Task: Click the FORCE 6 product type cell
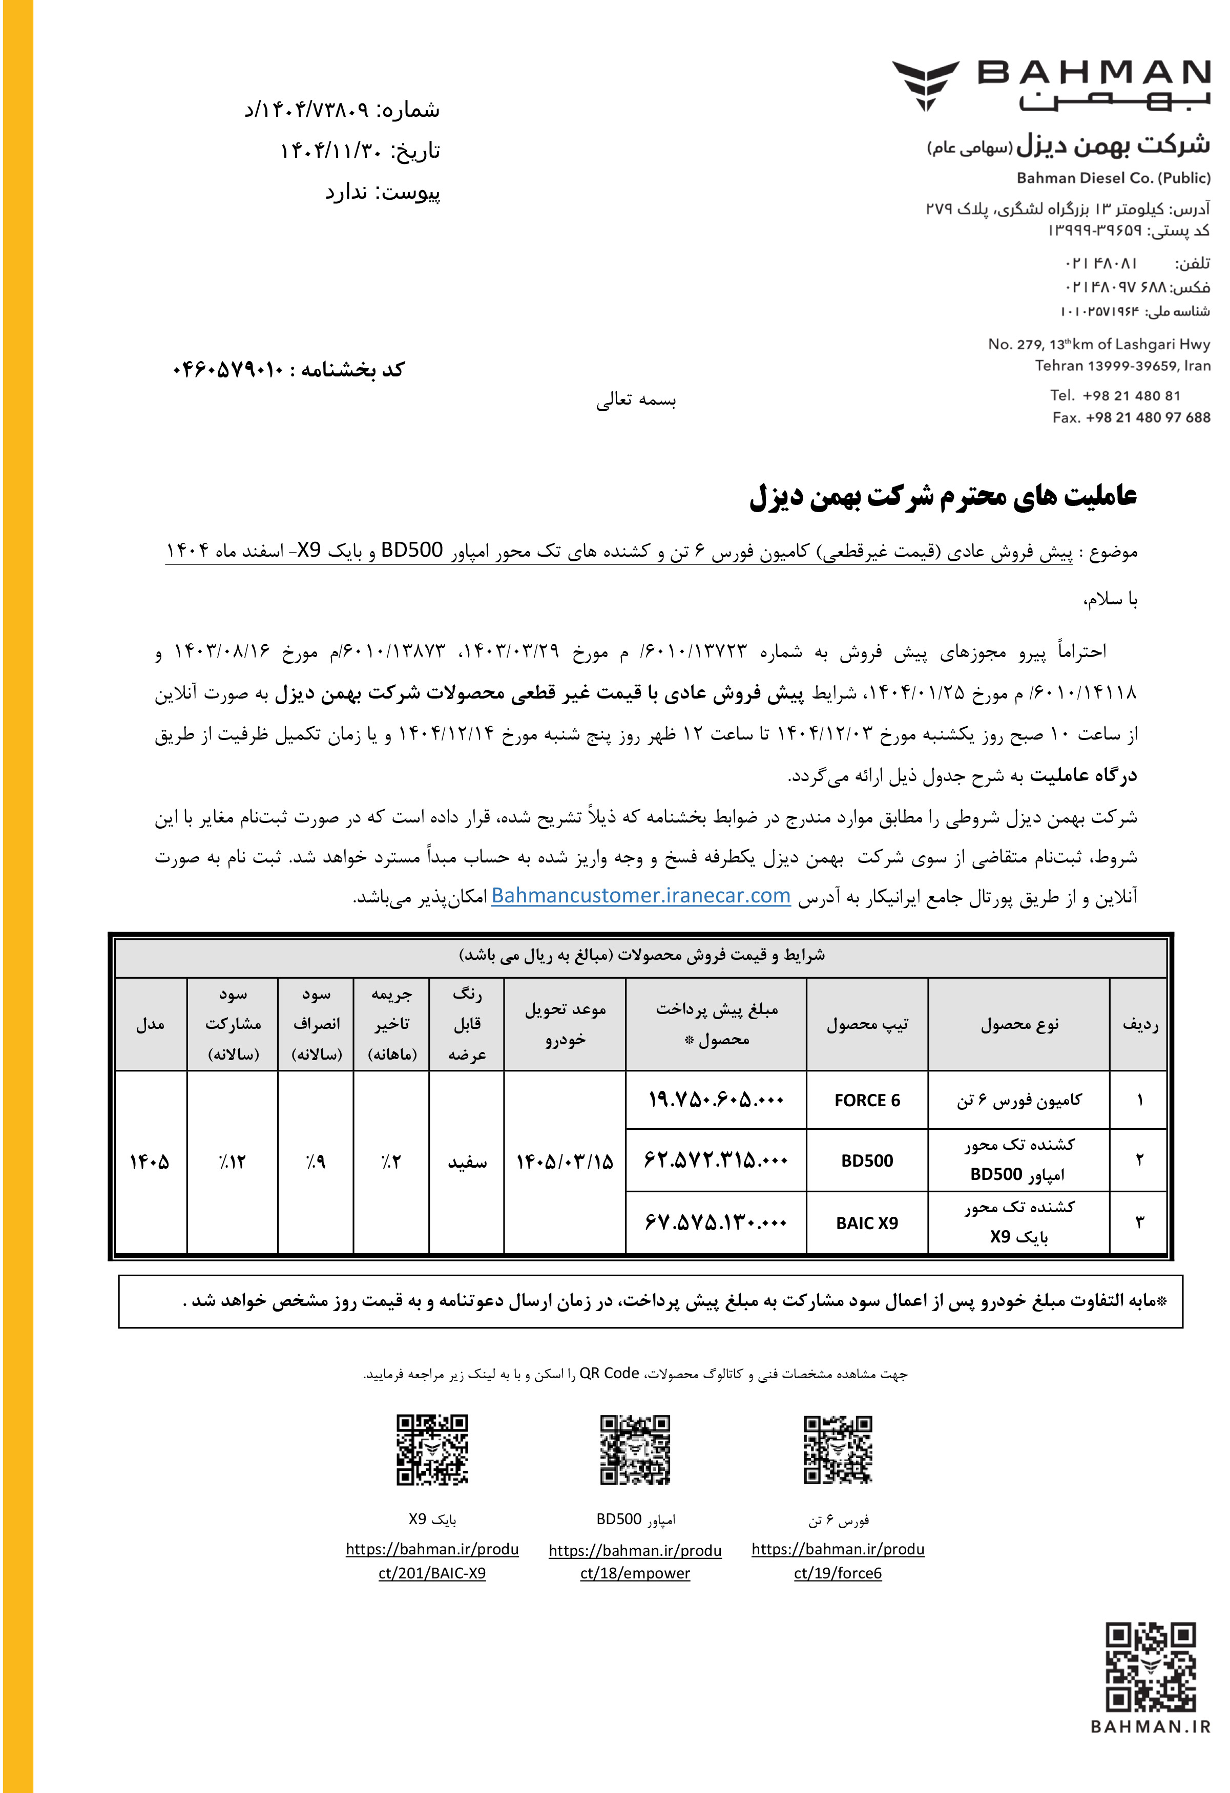point(867,1100)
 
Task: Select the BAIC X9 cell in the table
point(867,1223)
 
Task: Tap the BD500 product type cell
point(867,1161)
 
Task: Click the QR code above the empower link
point(635,1450)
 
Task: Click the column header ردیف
point(1140,1025)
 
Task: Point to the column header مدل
point(150,1025)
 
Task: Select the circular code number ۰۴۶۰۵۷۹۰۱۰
point(228,370)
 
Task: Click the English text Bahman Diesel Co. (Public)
point(1113,178)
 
